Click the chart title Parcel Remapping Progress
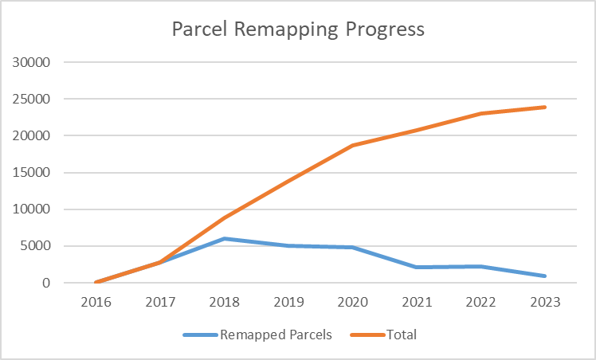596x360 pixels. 298,29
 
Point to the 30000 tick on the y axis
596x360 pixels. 34,63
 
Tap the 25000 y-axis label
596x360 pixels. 34,100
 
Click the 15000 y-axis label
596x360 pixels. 34,173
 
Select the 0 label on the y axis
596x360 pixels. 48,283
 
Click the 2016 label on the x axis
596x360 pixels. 96,303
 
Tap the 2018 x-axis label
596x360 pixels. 225,303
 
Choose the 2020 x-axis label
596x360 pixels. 353,303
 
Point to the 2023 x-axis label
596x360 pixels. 545,303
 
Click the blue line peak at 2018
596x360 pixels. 225,238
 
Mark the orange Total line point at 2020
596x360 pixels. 353,146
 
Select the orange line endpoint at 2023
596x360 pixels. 545,107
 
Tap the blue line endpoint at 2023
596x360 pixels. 545,276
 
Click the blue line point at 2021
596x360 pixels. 417,267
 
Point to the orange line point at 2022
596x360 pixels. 481,113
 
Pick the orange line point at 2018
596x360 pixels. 225,217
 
